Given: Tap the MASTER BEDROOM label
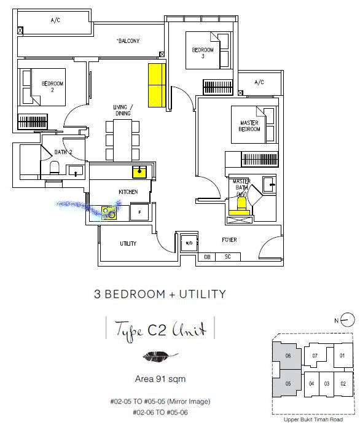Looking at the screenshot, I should tap(249, 127).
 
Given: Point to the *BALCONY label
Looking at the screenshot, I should tap(128, 41).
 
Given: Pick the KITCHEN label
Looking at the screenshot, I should tap(128, 192).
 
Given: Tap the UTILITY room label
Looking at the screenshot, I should tap(128, 244).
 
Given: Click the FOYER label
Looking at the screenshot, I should tap(229, 240).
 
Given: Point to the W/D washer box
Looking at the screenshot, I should tap(189, 243).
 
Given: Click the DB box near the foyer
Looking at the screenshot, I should tap(208, 257).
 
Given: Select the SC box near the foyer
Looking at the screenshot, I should tap(227, 257).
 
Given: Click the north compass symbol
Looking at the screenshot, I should tap(348, 320).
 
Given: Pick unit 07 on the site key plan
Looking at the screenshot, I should tap(315, 355).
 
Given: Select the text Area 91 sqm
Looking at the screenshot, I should tap(156, 378).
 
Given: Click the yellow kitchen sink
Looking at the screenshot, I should tap(141, 170).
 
